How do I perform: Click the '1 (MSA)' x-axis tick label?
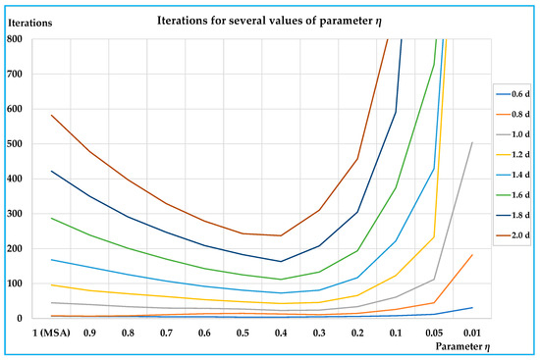pyautogui.click(x=51, y=333)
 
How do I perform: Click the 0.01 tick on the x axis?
pyautogui.click(x=471, y=333)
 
